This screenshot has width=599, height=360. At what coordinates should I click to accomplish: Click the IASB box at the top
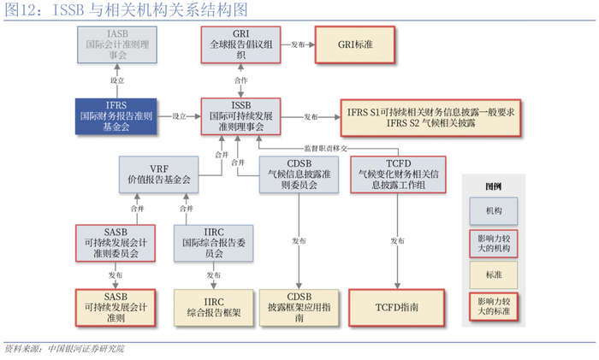click(x=116, y=44)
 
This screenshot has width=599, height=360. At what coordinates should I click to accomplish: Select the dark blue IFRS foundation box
click(x=116, y=116)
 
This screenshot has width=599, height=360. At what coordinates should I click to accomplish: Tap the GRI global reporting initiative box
click(x=240, y=44)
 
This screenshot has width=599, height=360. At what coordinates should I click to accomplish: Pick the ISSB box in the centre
click(x=240, y=116)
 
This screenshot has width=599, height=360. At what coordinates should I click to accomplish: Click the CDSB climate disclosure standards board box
click(x=300, y=175)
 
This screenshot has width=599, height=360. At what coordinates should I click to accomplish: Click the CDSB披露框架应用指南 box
click(x=300, y=306)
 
